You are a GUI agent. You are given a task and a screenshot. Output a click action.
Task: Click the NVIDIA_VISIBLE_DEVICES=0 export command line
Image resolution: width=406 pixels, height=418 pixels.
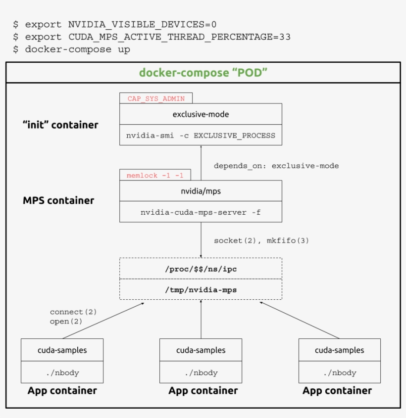pyautogui.click(x=115, y=24)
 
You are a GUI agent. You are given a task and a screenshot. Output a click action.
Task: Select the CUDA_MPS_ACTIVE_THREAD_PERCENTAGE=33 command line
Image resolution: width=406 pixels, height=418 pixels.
pyautogui.click(x=152, y=37)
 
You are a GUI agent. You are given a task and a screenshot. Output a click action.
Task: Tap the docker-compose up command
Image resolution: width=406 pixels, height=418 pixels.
pyautogui.click(x=72, y=49)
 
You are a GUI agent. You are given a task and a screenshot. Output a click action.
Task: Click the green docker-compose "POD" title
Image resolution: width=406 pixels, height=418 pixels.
pyautogui.click(x=203, y=73)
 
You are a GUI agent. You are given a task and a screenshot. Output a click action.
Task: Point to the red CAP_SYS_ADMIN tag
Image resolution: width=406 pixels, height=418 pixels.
pyautogui.click(x=156, y=98)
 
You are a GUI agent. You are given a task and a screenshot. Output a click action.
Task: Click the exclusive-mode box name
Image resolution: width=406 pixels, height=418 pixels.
pyautogui.click(x=201, y=114)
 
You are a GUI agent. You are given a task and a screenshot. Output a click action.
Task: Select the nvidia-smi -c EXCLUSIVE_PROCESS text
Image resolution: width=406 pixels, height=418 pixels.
pyautogui.click(x=201, y=135)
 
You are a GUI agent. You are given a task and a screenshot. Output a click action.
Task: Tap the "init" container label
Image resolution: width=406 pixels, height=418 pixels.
pyautogui.click(x=60, y=125)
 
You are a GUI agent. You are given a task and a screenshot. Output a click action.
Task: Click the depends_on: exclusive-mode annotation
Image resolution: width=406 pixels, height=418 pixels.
pyautogui.click(x=276, y=166)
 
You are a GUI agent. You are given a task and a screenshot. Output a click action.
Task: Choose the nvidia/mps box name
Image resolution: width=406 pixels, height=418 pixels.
pyautogui.click(x=201, y=191)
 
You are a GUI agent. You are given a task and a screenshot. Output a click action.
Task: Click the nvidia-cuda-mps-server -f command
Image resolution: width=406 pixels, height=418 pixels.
pyautogui.click(x=201, y=212)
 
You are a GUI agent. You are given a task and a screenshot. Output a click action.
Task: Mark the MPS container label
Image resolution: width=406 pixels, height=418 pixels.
pyautogui.click(x=58, y=200)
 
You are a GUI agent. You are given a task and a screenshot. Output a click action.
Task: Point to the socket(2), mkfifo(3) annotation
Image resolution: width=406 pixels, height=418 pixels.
pyautogui.click(x=261, y=240)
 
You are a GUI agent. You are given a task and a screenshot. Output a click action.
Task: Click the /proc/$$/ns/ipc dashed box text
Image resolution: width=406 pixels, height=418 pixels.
pyautogui.click(x=201, y=269)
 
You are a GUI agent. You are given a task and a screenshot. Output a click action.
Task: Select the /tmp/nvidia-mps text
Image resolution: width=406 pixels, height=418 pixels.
pyautogui.click(x=201, y=290)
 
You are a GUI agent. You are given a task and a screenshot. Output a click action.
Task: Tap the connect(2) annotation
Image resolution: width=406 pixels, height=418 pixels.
pyautogui.click(x=73, y=312)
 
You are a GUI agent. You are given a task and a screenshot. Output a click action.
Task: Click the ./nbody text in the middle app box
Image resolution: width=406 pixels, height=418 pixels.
pyautogui.click(x=201, y=372)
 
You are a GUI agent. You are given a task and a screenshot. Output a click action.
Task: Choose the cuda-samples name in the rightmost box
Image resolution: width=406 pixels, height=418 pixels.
pyautogui.click(x=339, y=350)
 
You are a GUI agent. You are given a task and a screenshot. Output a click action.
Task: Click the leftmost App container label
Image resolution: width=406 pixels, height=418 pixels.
pyautogui.click(x=62, y=391)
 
